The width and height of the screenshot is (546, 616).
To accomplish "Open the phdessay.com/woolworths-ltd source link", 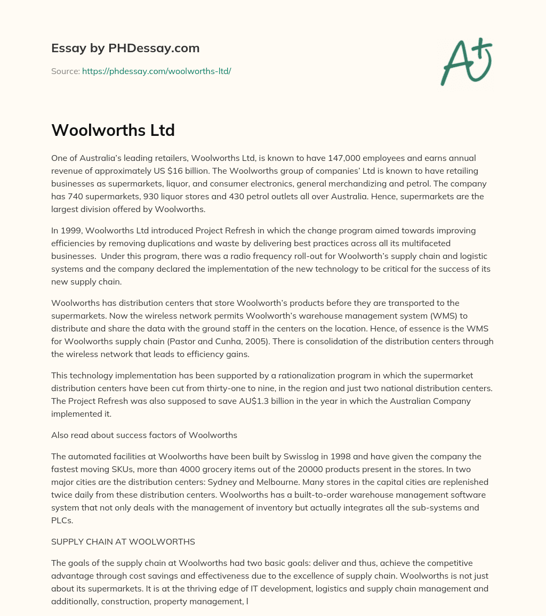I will [x=156, y=71].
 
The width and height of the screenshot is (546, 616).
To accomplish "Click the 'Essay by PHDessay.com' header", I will [x=125, y=48].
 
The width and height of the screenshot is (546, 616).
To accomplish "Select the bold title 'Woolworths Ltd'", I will [x=113, y=130].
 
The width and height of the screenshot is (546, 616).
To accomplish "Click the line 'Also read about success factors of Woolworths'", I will [x=144, y=435].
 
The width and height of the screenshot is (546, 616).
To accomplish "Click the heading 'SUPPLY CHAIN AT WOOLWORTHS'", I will [x=123, y=541].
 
